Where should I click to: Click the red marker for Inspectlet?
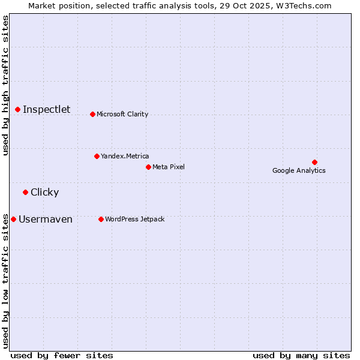[18, 109]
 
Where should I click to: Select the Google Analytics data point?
[314, 162]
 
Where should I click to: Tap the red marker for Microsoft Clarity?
[92, 114]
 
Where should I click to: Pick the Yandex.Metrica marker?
[97, 156]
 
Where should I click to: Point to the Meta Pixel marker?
[148, 167]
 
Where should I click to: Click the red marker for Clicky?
[25, 192]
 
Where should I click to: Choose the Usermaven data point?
[14, 219]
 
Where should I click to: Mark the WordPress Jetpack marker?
[101, 219]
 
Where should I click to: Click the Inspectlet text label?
[46, 109]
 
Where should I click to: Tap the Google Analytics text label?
[299, 170]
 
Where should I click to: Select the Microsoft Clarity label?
[122, 114]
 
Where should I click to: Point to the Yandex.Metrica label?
[125, 156]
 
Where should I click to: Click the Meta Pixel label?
[169, 167]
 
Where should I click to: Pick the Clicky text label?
[44, 192]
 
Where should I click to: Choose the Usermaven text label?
[46, 219]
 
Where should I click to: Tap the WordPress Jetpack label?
[134, 219]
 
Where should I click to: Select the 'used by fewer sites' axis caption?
[62, 355]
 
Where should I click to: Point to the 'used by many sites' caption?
[301, 355]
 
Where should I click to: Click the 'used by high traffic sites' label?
[5, 85]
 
